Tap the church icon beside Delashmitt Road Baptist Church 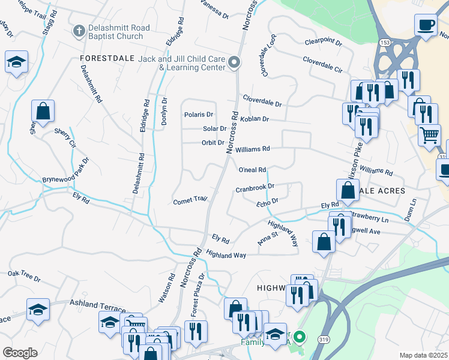click(78, 31)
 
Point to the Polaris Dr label click(199, 115)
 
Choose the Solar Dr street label click(214, 128)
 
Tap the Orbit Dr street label click(212, 143)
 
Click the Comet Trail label click(190, 200)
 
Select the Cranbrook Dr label click(255, 188)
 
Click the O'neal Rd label click(252, 170)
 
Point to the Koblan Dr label click(254, 119)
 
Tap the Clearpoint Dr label click(323, 43)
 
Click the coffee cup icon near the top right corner click(426, 25)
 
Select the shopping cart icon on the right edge click(429, 134)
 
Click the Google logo click(20, 352)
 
